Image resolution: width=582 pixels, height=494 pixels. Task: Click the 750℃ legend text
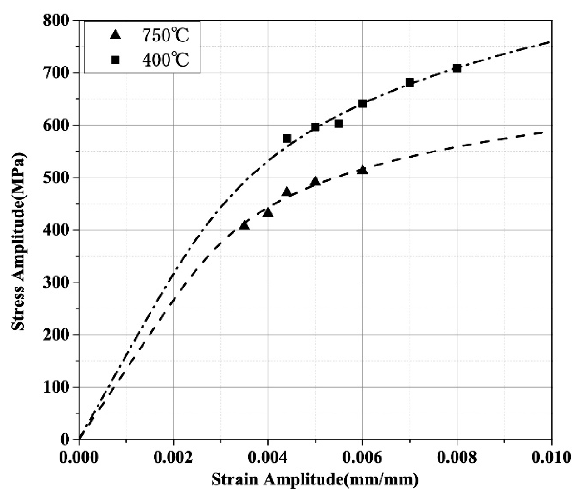click(x=165, y=35)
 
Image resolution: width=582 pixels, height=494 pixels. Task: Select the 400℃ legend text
click(x=165, y=60)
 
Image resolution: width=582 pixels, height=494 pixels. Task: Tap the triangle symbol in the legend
click(x=115, y=35)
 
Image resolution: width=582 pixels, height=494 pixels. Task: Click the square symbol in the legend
click(x=115, y=60)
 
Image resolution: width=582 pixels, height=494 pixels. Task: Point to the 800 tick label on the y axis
click(x=56, y=21)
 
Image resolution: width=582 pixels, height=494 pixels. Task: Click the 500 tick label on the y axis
click(x=56, y=178)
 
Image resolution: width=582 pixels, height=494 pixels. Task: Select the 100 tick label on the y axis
click(x=56, y=387)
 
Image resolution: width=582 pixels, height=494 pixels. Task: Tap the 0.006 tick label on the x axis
click(x=362, y=457)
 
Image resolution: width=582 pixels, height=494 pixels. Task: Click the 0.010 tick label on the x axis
click(x=551, y=457)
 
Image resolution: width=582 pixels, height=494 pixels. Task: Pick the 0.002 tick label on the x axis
click(x=173, y=457)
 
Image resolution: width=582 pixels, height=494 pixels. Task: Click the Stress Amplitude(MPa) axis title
click(x=18, y=242)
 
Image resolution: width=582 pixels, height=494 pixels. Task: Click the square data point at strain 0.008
click(x=457, y=68)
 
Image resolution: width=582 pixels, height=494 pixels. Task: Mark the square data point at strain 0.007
click(x=410, y=82)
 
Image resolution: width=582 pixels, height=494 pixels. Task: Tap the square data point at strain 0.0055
click(x=339, y=123)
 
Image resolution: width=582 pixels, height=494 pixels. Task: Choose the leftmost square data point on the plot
click(x=287, y=138)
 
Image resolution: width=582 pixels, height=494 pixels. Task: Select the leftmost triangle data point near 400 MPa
click(x=245, y=226)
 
